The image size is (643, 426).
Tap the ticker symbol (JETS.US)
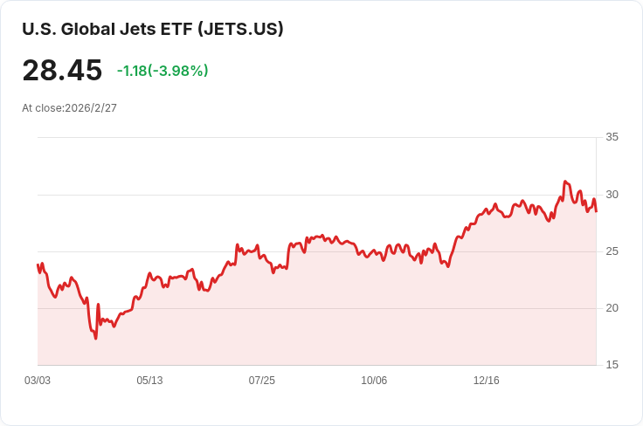[241, 29]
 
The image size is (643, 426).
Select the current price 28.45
[62, 71]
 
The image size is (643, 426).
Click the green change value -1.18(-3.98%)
[162, 71]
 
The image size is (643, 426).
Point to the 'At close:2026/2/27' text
[69, 108]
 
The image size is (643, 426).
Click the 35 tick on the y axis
[612, 137]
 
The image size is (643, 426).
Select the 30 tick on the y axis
[612, 194]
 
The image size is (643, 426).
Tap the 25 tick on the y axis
[612, 251]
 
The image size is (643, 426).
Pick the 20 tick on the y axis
[612, 308]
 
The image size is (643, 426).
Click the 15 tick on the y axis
[612, 365]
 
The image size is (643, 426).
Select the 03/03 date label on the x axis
[38, 381]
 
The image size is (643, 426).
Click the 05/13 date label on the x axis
[149, 381]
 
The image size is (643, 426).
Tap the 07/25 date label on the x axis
[262, 381]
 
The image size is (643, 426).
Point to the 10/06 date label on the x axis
[374, 381]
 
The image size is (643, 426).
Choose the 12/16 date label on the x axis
[486, 381]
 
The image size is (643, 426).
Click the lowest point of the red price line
[95, 338]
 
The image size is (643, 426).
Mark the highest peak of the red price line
[565, 182]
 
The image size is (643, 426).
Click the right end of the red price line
[596, 210]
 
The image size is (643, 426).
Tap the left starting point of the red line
[38, 265]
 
